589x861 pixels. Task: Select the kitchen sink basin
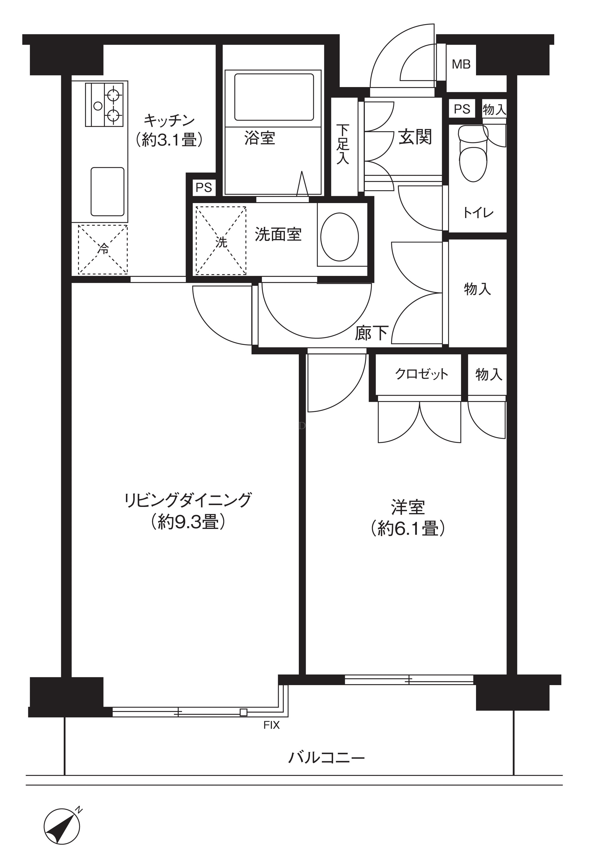pos(107,192)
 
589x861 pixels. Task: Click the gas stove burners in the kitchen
pos(104,105)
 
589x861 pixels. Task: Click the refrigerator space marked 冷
pos(103,250)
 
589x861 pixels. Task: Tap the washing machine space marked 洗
pos(221,241)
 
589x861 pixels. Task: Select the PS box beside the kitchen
pos(204,188)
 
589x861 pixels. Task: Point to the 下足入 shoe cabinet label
pos(343,144)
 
